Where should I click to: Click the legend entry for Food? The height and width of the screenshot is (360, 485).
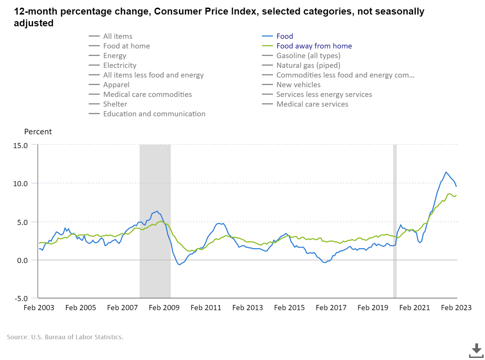[x=284, y=36]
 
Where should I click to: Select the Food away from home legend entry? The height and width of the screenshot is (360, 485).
[x=314, y=46]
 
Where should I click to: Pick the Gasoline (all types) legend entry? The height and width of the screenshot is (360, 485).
[x=308, y=56]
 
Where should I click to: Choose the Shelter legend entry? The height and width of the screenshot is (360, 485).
[x=115, y=104]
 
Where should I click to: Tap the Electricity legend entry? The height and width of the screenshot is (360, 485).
[x=120, y=65]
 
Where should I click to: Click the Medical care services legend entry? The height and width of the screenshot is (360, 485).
[x=312, y=104]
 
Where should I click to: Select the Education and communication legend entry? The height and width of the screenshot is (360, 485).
[x=154, y=114]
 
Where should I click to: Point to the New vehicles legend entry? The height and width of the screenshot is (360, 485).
[x=298, y=85]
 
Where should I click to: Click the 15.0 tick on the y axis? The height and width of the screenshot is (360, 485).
[x=20, y=146]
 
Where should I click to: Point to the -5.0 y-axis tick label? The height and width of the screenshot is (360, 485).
[x=20, y=298]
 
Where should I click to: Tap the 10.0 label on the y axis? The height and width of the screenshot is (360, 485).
[x=20, y=184]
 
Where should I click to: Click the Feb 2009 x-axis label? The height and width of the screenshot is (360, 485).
[x=164, y=308]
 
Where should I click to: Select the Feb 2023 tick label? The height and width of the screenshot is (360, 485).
[x=456, y=308]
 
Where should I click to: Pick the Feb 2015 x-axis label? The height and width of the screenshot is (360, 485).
[x=289, y=308]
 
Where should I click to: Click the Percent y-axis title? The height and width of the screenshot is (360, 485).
[x=38, y=132]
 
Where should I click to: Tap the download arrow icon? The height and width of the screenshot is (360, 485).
[x=476, y=350]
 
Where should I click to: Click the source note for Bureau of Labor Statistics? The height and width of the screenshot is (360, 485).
[x=65, y=337]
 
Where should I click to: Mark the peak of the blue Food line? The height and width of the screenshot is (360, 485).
[x=446, y=172]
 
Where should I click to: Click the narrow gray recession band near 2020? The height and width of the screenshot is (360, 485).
[x=395, y=222]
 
